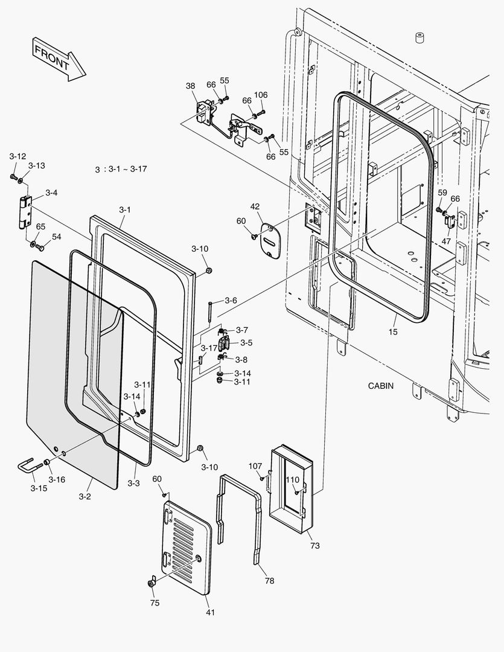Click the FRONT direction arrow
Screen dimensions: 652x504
pos(59,59)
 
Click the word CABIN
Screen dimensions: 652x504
pos(380,386)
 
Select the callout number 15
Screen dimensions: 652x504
pos(394,331)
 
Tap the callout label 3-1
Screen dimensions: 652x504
pos(125,209)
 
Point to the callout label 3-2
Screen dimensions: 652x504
pos(85,497)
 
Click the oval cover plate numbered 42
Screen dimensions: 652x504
pos(270,241)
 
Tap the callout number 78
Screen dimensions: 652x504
pos(269,581)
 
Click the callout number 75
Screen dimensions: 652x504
pos(155,602)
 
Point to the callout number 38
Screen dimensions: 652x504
pos(190,86)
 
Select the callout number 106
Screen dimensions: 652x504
pos(261,95)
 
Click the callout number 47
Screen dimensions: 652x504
pos(446,240)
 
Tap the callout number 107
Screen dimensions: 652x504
pos(255,465)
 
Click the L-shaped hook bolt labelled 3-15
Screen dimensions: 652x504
pos(28,467)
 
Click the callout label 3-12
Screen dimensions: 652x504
pos(18,156)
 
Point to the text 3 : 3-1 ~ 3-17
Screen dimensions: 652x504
pos(121,169)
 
